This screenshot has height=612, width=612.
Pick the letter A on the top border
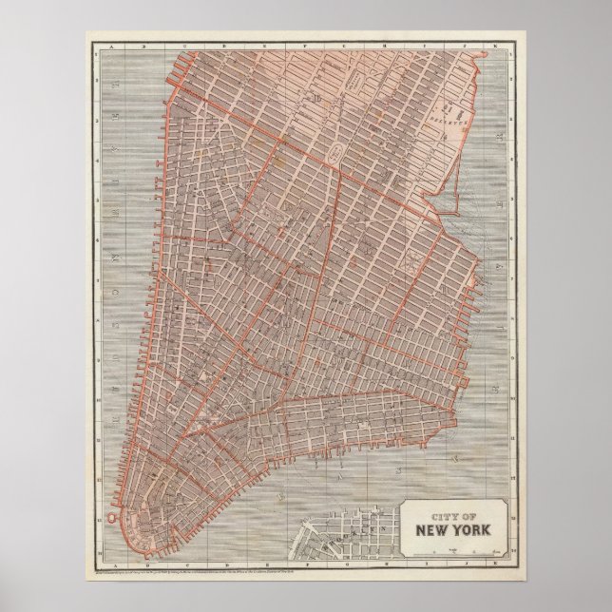tap(111, 47)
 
